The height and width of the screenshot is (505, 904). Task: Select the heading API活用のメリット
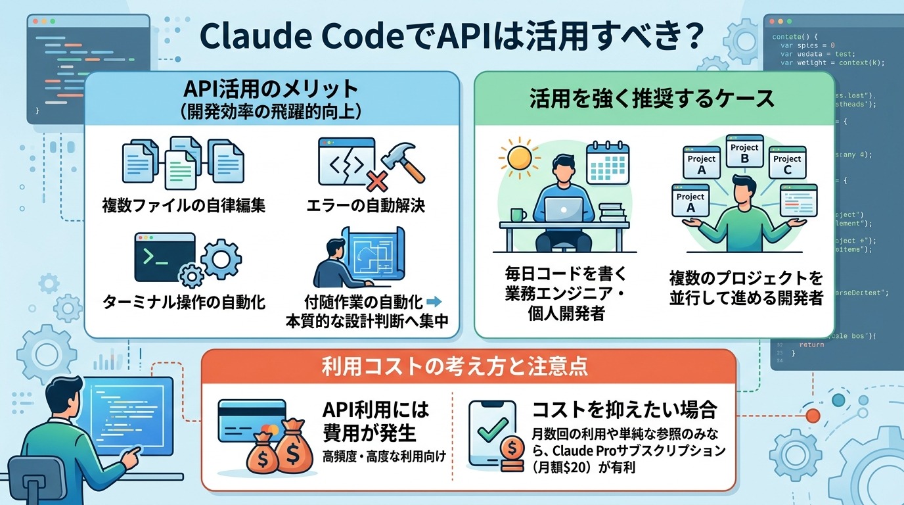(272, 89)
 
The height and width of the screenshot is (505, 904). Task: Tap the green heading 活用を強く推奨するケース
(652, 99)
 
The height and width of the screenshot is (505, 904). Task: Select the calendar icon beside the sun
(608, 161)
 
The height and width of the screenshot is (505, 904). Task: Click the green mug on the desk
(518, 215)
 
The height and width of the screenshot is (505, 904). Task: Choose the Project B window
(744, 153)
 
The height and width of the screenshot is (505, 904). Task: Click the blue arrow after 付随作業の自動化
(434, 302)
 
